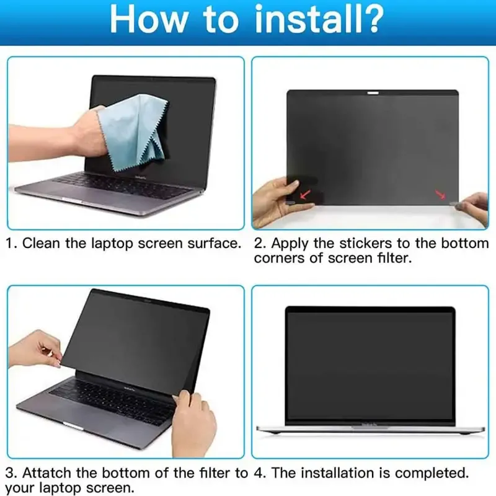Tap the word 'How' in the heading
coord(148,19)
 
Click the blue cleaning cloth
coord(135,133)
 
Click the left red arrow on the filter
coord(305,194)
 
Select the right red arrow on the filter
coord(441,195)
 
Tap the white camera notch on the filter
coord(373,93)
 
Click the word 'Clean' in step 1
coord(41,243)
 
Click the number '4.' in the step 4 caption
coord(260,474)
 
